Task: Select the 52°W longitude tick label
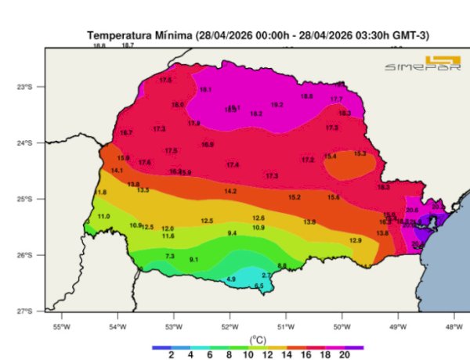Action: [230, 326]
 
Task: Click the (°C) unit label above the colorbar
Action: [258, 339]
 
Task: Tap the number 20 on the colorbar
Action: [345, 354]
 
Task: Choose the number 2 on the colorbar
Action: [171, 354]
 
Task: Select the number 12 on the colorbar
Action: [268, 354]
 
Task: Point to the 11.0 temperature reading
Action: [103, 216]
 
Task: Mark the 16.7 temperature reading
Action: [126, 133]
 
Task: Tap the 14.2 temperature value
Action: [230, 191]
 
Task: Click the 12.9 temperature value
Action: [355, 240]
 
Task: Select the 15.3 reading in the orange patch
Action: [360, 153]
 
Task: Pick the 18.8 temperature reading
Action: [307, 96]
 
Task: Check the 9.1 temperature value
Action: [194, 259]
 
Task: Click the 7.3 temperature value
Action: [170, 256]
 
